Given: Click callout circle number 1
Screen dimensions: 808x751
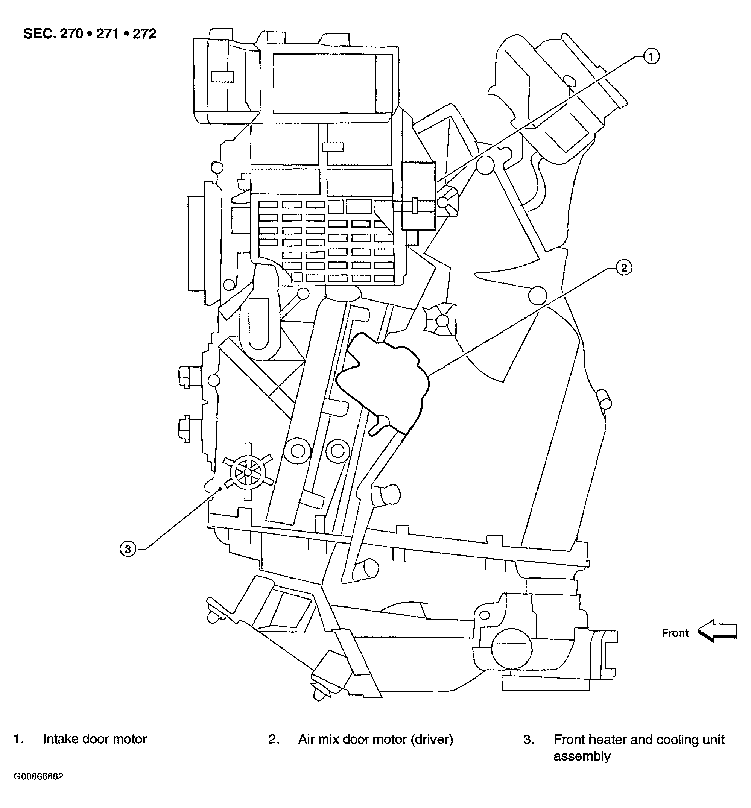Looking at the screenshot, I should tap(651, 56).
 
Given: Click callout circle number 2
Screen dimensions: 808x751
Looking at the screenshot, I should tap(624, 267).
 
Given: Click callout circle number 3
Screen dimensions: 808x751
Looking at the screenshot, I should tap(128, 549).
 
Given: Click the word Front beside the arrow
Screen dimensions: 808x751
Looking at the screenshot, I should tap(675, 633).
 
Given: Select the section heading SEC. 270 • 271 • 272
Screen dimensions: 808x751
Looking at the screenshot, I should tap(90, 34).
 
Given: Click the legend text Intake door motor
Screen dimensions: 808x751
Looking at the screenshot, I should tap(95, 739).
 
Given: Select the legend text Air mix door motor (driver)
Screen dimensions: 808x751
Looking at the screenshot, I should tap(375, 739).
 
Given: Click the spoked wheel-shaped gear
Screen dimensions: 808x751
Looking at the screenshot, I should tap(248, 472).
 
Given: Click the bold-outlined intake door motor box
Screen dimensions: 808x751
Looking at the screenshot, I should tap(418, 196).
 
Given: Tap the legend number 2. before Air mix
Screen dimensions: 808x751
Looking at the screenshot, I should tap(273, 739).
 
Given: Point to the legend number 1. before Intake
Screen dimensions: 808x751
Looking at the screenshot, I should tap(18, 739).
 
